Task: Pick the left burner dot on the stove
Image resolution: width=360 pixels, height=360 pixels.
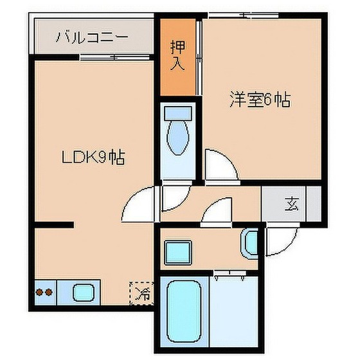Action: coord(39,292)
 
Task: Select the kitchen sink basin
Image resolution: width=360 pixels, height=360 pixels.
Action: coord(83,293)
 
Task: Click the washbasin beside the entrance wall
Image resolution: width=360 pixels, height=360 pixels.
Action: coord(251,243)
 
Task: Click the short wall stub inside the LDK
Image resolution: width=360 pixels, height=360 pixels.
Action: coord(55,224)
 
